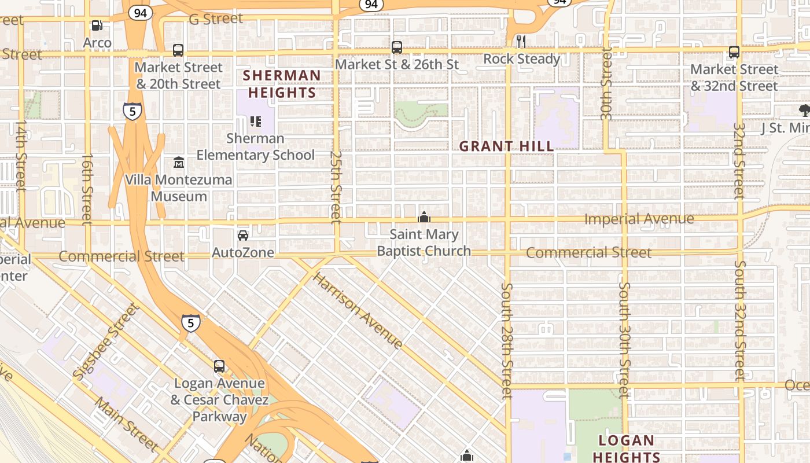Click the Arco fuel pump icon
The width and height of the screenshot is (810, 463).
tap(97, 25)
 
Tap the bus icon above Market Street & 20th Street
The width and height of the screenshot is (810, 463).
tap(178, 50)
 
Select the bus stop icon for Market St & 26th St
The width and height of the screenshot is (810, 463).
tap(397, 47)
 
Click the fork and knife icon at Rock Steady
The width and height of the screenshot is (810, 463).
tap(521, 41)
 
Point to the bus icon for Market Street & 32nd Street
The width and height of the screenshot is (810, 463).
tap(734, 52)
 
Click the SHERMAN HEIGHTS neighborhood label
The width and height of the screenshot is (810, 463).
tap(281, 84)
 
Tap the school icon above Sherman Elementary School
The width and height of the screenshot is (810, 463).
tap(255, 122)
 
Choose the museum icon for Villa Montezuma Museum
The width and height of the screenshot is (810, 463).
tap(178, 163)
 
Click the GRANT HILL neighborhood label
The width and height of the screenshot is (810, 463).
tap(507, 146)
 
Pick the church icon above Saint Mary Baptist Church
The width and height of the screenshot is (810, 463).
tap(424, 218)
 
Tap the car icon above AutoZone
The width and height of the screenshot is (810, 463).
tap(243, 236)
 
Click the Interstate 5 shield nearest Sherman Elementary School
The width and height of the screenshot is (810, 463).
tap(132, 111)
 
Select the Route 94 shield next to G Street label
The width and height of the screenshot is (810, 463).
tap(139, 13)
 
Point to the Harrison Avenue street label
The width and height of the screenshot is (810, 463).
tap(358, 311)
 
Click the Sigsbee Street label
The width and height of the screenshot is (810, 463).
tap(107, 341)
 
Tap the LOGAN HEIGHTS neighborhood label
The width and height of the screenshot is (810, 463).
tap(627, 449)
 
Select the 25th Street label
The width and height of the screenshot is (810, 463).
tap(336, 186)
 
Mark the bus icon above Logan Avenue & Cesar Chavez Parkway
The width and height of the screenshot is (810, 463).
tap(219, 366)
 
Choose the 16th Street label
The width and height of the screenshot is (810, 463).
tap(87, 189)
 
